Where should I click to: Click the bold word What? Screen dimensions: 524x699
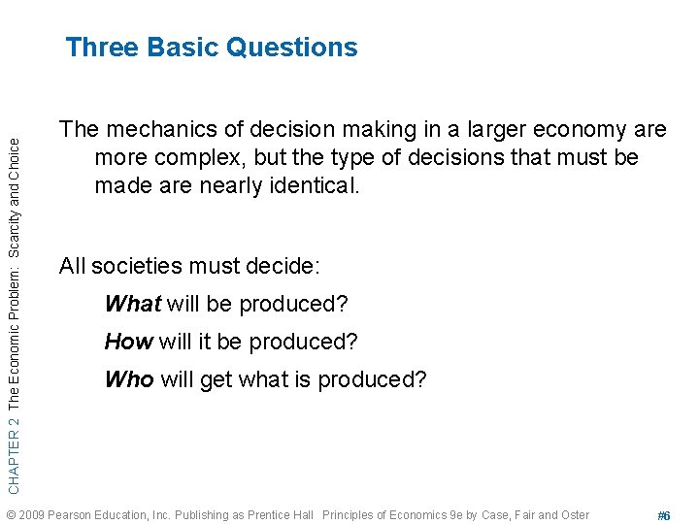point(132,304)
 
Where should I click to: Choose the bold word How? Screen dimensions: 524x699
point(128,342)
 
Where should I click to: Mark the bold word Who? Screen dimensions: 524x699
point(128,379)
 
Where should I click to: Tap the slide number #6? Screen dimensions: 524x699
point(664,515)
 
